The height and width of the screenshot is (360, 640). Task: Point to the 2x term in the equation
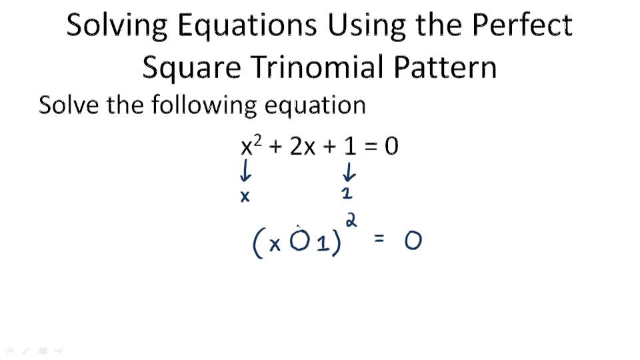click(x=302, y=147)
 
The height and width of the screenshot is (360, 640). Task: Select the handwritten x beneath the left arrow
click(x=245, y=197)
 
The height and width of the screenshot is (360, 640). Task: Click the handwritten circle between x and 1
click(x=300, y=243)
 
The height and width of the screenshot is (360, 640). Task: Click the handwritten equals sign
click(x=379, y=239)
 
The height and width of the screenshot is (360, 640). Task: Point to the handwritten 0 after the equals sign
click(x=413, y=241)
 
